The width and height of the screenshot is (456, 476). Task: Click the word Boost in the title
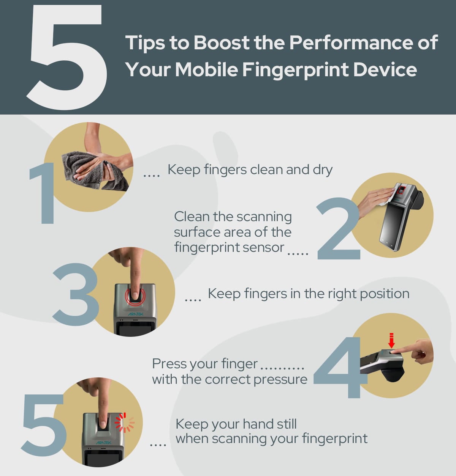click(x=221, y=42)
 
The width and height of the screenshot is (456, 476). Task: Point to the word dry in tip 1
click(x=323, y=170)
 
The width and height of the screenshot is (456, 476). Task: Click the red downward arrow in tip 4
click(x=392, y=340)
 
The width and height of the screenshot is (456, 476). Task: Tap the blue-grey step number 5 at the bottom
click(x=44, y=425)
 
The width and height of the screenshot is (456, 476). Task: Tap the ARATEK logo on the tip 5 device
click(x=103, y=443)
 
